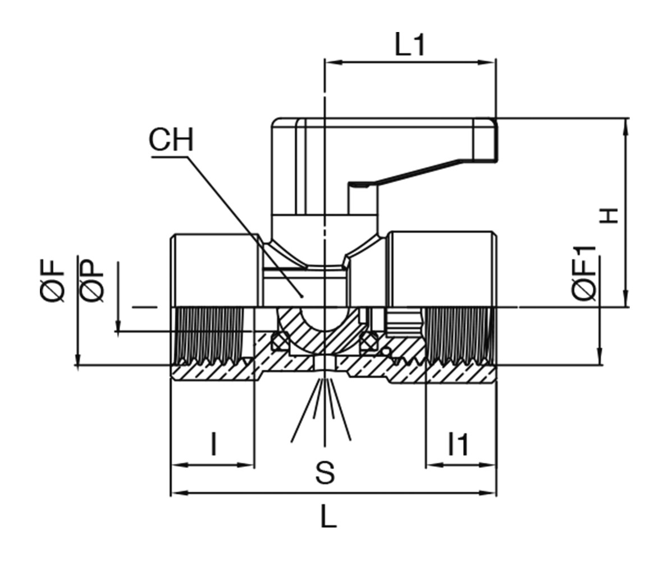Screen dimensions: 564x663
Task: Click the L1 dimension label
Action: [x=411, y=47]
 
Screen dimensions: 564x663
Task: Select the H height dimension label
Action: [x=610, y=215]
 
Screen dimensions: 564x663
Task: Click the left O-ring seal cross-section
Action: [x=279, y=340]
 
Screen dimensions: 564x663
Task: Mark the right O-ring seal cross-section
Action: [x=369, y=340]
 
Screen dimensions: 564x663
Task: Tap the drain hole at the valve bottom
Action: [x=324, y=363]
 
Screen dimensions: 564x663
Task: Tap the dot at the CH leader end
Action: [x=302, y=294]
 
